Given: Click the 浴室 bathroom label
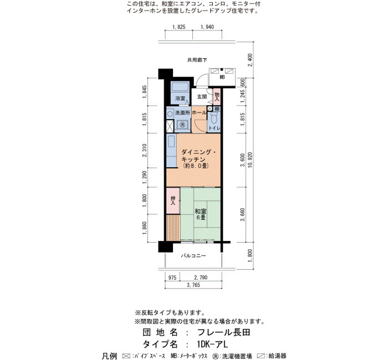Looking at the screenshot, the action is [180, 98].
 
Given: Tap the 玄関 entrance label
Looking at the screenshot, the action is [202, 96].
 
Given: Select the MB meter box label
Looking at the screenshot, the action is [222, 78].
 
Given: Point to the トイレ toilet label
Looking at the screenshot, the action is [214, 128].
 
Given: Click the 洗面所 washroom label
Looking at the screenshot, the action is [182, 112].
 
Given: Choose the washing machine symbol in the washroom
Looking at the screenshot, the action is [182, 125].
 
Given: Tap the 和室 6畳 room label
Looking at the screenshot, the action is [201, 214].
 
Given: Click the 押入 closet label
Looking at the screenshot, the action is [173, 200].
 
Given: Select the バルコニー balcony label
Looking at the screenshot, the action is [193, 256].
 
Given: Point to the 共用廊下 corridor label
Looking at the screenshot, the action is [197, 60].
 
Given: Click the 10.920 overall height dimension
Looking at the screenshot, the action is [250, 160].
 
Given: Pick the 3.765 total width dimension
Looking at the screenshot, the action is [193, 285].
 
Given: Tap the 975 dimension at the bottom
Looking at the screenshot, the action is [172, 277].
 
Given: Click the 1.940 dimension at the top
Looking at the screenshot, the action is [207, 27].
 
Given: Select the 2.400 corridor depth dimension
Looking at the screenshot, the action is [250, 60].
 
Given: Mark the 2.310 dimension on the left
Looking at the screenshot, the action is [145, 150].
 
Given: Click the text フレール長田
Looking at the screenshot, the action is [224, 332].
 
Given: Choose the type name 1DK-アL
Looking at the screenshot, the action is [213, 344].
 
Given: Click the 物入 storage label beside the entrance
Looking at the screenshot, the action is [217, 97].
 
